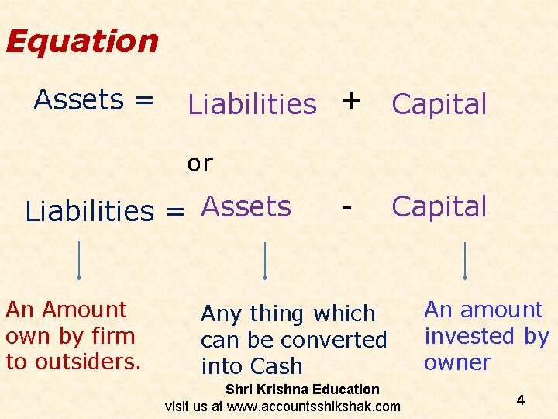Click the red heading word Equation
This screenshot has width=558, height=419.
(x=82, y=41)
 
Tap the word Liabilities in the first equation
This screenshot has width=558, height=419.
(x=253, y=104)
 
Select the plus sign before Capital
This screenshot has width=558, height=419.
(x=351, y=99)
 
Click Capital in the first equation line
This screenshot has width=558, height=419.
(x=439, y=104)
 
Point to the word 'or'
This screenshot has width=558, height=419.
(x=200, y=163)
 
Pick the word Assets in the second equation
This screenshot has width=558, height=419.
(x=246, y=206)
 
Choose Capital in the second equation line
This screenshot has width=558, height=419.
(x=439, y=206)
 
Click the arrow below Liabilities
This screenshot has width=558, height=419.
(x=80, y=260)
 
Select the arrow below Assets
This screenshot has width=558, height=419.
(x=265, y=260)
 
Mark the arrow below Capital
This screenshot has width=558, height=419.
(x=464, y=260)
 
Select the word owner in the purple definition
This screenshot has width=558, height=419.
(x=456, y=362)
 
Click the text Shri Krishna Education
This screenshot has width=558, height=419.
(x=302, y=390)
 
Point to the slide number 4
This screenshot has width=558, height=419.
(x=521, y=400)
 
